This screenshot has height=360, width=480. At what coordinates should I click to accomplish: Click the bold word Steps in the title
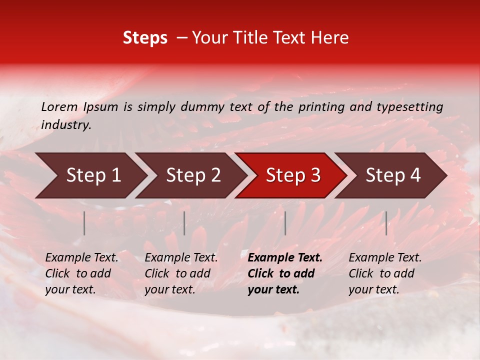145,38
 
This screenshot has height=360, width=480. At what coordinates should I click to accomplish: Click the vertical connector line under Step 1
84,223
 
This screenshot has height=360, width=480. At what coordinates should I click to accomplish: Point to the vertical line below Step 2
184,223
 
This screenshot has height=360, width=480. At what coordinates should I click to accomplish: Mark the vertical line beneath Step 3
285,223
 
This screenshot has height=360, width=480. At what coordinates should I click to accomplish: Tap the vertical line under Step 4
386,223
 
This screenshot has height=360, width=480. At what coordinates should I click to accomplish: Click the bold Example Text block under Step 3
284,273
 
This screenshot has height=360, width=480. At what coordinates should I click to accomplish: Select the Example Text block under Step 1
81,273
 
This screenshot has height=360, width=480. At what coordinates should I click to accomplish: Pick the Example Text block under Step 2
181,273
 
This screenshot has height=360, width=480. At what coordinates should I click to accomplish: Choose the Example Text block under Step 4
385,273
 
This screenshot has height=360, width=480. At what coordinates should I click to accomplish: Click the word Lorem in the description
59,107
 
